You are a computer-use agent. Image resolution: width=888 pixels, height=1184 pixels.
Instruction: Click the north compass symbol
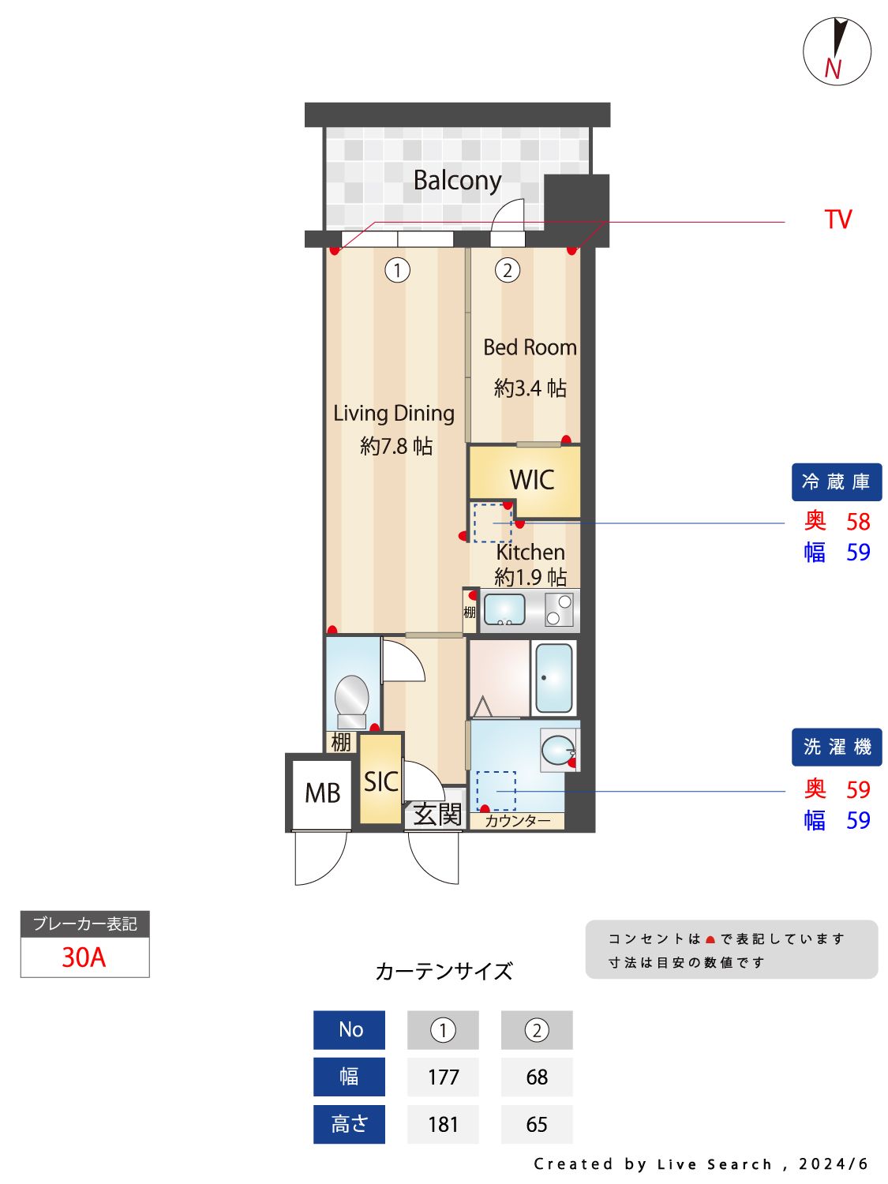point(837,51)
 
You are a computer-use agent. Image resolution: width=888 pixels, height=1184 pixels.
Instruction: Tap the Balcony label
point(457,181)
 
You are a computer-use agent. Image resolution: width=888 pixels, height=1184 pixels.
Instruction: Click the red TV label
point(837,219)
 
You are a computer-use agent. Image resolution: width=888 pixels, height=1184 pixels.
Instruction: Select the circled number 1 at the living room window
point(397,271)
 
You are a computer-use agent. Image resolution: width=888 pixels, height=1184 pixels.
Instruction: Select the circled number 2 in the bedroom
point(507,271)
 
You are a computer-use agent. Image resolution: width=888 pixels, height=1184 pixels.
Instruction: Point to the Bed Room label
point(530,347)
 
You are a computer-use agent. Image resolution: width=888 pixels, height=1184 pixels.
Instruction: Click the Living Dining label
point(394,414)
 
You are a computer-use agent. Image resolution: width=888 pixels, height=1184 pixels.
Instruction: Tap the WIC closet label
point(531,480)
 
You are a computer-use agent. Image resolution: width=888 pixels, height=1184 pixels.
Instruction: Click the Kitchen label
point(530,552)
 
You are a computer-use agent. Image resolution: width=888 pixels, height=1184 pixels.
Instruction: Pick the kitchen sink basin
point(504,609)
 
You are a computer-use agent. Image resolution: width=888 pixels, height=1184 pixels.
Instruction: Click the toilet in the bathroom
point(351,699)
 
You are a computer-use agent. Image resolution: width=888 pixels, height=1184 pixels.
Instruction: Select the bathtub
point(554,678)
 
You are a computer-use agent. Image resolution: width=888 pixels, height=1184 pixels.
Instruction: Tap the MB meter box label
point(322,792)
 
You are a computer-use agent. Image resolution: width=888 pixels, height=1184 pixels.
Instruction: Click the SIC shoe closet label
point(380,781)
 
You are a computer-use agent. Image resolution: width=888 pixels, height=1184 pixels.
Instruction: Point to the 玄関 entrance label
point(437,814)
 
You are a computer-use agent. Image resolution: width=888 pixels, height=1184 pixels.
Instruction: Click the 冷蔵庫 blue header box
point(836,481)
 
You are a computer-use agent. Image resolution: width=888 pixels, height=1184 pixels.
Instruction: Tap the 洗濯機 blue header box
point(836,747)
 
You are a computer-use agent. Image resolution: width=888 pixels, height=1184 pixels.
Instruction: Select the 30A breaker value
point(84,957)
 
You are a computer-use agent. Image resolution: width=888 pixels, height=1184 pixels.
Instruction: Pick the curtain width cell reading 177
point(443,1077)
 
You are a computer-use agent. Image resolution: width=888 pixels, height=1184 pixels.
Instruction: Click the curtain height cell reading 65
point(537,1124)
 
